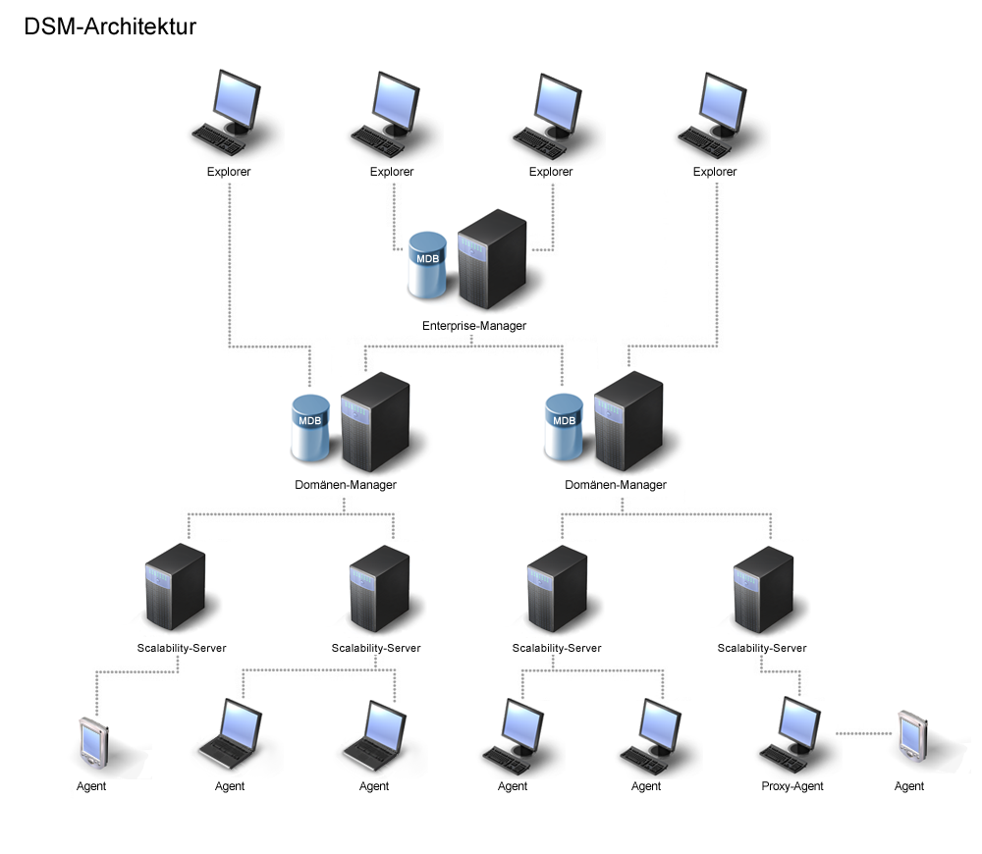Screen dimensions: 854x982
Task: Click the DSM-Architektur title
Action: pyautogui.click(x=110, y=27)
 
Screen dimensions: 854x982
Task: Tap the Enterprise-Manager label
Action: pyautogui.click(x=474, y=326)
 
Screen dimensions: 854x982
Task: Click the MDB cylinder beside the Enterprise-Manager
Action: pyautogui.click(x=427, y=265)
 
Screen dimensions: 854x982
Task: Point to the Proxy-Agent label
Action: pyautogui.click(x=792, y=786)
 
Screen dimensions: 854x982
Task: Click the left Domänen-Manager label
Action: pyautogui.click(x=346, y=484)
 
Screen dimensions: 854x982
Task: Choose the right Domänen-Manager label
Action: pyautogui.click(x=616, y=485)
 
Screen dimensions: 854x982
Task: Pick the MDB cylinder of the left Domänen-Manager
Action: pyautogui.click(x=310, y=428)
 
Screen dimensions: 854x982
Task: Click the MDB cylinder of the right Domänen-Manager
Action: pyautogui.click(x=565, y=428)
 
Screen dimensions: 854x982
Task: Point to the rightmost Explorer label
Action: pyautogui.click(x=715, y=172)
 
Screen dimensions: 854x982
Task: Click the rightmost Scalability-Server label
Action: pyautogui.click(x=762, y=648)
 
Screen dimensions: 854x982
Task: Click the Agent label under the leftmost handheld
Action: pyautogui.click(x=91, y=786)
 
